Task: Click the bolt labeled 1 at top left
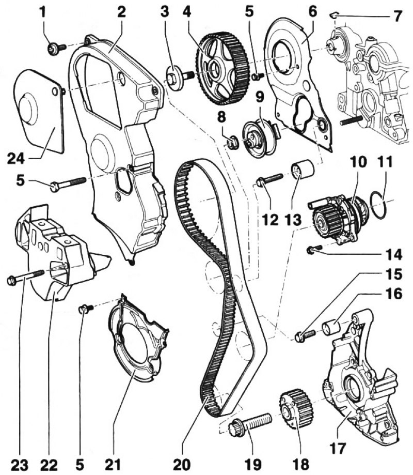coord(54,49)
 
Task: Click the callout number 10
coord(358,162)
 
